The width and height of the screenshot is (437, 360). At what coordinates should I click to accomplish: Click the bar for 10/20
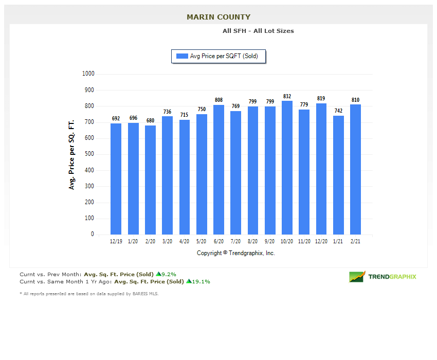pos(287,168)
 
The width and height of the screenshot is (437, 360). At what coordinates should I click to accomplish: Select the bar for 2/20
pos(150,180)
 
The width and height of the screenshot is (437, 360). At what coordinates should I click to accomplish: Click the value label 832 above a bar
pos(287,96)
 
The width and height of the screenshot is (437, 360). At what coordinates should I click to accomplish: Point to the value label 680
pos(150,121)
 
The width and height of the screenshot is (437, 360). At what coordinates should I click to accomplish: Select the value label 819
pos(321,98)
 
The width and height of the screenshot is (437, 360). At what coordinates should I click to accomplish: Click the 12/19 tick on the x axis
pos(116,241)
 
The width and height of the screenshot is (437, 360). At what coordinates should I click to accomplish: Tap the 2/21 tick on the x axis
pos(356,241)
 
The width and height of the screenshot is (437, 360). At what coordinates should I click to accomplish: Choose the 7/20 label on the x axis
pos(235,241)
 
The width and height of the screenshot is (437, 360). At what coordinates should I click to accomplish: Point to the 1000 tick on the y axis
pos(88,74)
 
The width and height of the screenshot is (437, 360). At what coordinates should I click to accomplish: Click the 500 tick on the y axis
pos(89,154)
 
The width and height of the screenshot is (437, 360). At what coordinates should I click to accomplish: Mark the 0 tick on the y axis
pos(93,234)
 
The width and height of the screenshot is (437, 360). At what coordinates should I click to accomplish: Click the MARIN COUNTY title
pos(219,17)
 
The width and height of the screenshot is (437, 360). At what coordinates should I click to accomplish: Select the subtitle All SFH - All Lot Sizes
pos(258,31)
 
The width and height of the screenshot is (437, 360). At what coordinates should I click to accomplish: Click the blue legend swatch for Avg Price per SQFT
pos(182,56)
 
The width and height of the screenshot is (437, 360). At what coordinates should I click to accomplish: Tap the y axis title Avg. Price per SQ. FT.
pos(72,154)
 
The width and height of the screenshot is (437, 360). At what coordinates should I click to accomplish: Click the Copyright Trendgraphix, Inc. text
pos(236,253)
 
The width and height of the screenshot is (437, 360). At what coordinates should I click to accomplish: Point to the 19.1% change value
pos(201,281)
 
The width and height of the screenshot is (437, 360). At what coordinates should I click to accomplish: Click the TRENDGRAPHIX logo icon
pos(357,277)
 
